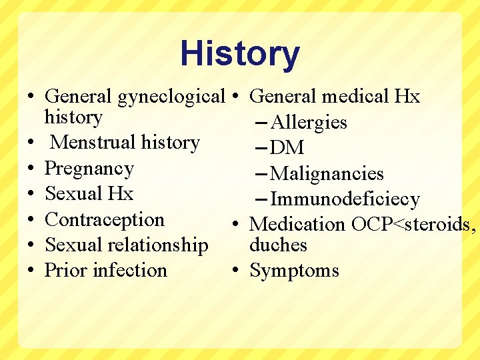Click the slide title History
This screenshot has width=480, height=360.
click(240, 54)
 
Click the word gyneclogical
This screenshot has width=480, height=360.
click(171, 97)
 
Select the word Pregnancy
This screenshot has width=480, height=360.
click(89, 169)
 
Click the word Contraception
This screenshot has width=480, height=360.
click(105, 219)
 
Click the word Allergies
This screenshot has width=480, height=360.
click(309, 123)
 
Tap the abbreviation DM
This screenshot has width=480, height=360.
click(288, 148)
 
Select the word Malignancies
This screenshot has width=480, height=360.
click(327, 174)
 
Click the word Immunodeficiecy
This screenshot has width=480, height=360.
click(345, 199)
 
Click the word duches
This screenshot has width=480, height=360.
click(278, 245)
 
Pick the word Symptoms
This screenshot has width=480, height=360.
click(294, 271)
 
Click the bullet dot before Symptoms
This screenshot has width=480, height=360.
click(237, 271)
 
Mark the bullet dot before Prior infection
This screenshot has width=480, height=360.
click(31, 271)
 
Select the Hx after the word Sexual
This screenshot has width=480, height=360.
click(121, 194)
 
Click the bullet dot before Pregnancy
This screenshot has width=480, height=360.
click(31, 169)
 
